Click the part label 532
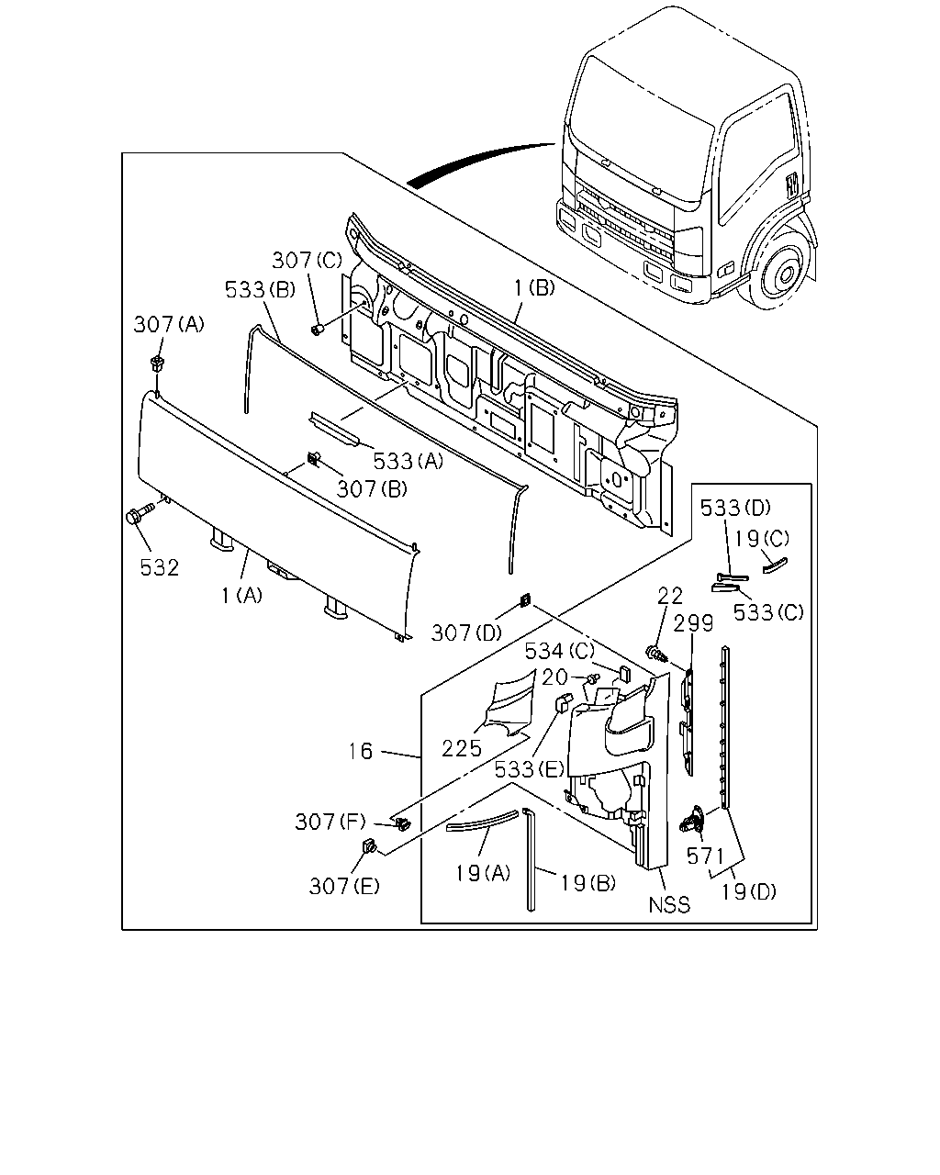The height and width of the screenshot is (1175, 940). click(159, 568)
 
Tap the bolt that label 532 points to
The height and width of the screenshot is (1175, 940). click(140, 513)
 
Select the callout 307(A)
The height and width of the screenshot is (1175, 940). click(169, 324)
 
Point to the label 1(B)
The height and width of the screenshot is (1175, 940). click(535, 287)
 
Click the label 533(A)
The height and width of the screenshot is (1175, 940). click(408, 462)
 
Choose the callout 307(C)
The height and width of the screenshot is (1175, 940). click(307, 261)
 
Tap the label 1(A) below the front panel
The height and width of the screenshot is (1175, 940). click(242, 595)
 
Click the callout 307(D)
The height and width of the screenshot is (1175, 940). click(466, 633)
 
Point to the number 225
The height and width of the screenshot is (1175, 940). click(462, 748)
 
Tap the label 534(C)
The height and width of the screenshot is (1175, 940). click(560, 651)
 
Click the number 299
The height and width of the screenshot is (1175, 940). click(693, 623)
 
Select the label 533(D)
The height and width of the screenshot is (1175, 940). click(735, 509)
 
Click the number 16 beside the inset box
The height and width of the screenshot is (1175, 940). click(361, 751)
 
